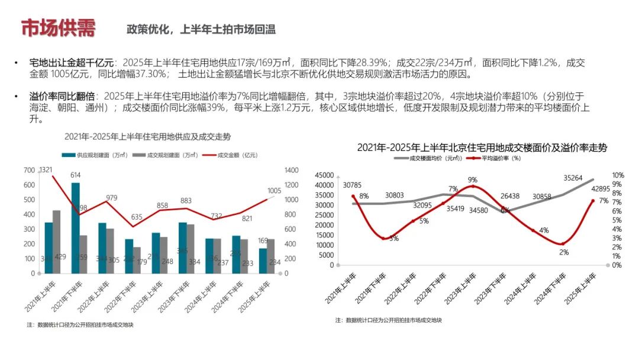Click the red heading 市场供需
(x=57, y=28)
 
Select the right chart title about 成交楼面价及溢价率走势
(x=482, y=147)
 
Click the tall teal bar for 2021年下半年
(x=75, y=228)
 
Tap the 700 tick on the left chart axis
(x=29, y=171)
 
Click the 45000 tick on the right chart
(x=325, y=175)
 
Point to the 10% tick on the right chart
(x=618, y=175)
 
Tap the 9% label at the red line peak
(x=472, y=179)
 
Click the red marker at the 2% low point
(x=562, y=244)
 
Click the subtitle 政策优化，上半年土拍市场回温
(x=201, y=30)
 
